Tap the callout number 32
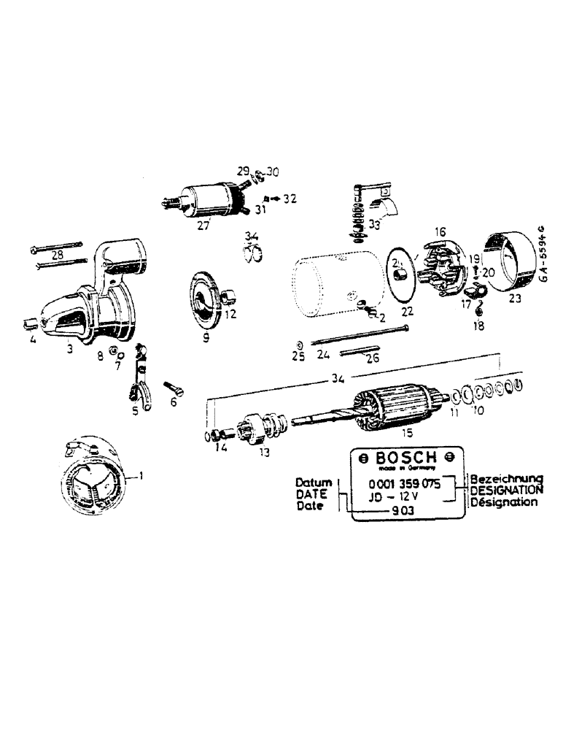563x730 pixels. [290, 198]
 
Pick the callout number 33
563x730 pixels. [374, 226]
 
